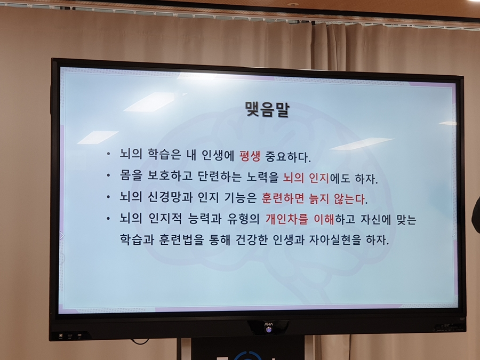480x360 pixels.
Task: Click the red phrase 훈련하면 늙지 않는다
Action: click(x=314, y=198)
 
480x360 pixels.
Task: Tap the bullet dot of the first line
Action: click(x=108, y=155)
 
